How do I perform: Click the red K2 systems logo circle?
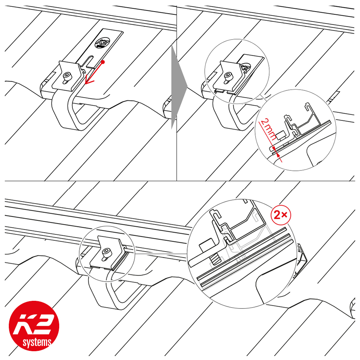[x=34, y=326]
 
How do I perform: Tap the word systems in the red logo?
[x=37, y=343]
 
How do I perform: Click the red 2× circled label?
[x=281, y=215]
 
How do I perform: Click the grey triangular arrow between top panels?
[x=179, y=87]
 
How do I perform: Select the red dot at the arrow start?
[x=103, y=62]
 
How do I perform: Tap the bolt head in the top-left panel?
[x=67, y=76]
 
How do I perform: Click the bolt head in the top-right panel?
[x=228, y=75]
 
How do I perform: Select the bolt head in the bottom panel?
[x=106, y=252]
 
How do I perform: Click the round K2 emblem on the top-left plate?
[x=102, y=43]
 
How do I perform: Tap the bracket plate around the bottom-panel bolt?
[x=108, y=252]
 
